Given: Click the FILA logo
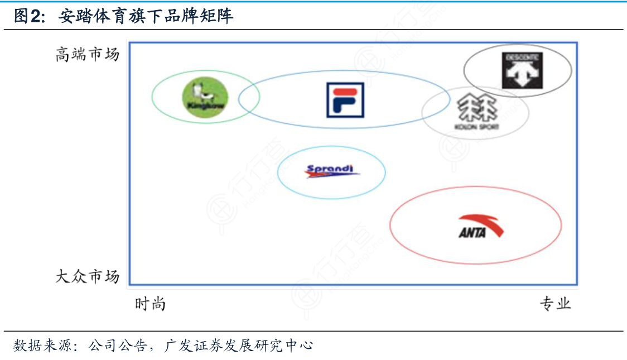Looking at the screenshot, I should (345, 100).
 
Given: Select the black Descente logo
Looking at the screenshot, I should (522, 70).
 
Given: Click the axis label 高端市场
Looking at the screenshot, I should (87, 55).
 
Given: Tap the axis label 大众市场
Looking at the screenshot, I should (87, 276).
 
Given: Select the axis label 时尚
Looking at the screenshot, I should (150, 304).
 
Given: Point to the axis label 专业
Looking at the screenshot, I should (555, 304).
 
